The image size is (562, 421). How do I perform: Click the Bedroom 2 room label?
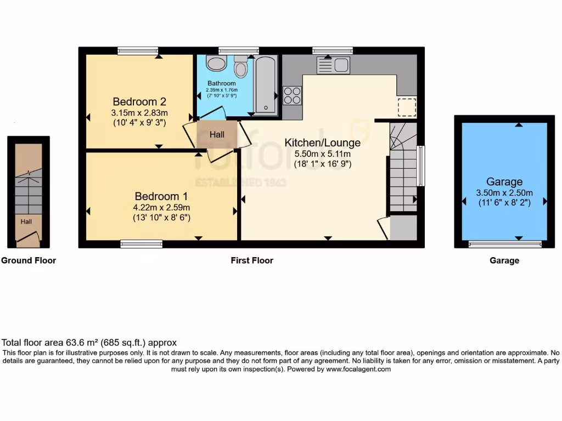[139, 101]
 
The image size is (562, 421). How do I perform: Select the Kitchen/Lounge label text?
[322, 143]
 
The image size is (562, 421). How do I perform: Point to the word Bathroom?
[221, 83]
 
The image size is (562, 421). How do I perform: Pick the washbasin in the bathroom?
[216, 64]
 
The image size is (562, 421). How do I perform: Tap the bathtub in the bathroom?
[266, 84]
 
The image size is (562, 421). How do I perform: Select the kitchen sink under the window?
[333, 65]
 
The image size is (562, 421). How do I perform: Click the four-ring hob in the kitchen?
[293, 95]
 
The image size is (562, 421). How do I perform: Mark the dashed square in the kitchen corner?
[407, 107]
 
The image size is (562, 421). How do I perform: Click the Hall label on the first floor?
[217, 134]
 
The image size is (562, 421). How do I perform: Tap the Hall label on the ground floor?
[26, 221]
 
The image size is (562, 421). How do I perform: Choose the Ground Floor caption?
[29, 260]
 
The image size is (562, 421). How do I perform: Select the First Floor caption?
[251, 260]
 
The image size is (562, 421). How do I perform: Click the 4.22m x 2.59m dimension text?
[161, 207]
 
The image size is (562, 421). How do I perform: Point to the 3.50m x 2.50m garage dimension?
[504, 193]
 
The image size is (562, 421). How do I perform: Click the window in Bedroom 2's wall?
[138, 51]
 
